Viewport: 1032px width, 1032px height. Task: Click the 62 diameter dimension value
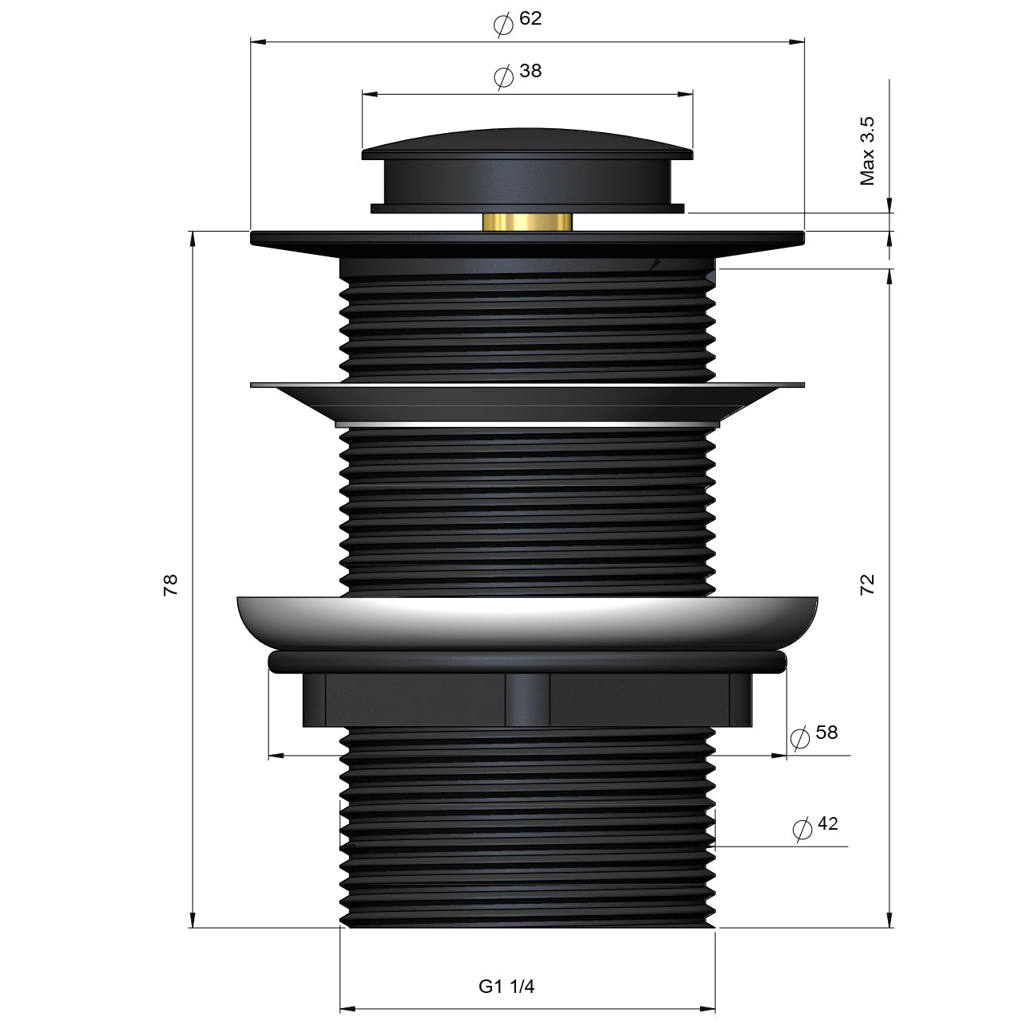530,18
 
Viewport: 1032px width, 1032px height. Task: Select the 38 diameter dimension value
530,71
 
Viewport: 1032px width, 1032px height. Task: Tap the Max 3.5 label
867,151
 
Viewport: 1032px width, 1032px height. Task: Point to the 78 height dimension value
170,584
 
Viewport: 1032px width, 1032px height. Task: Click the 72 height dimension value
867,584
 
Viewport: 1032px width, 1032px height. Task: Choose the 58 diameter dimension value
827,732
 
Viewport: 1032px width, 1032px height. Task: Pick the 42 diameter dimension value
827,823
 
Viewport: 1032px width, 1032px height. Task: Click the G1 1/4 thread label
506,987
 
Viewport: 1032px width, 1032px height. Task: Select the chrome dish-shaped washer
527,621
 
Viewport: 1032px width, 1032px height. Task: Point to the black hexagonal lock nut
527,699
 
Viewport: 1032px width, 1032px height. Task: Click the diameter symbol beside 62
503,25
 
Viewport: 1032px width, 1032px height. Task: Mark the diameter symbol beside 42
803,829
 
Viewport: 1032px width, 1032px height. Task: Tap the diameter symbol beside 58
799,737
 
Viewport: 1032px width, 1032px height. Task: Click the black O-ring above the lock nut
527,661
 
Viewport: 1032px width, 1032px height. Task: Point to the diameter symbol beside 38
503,77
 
